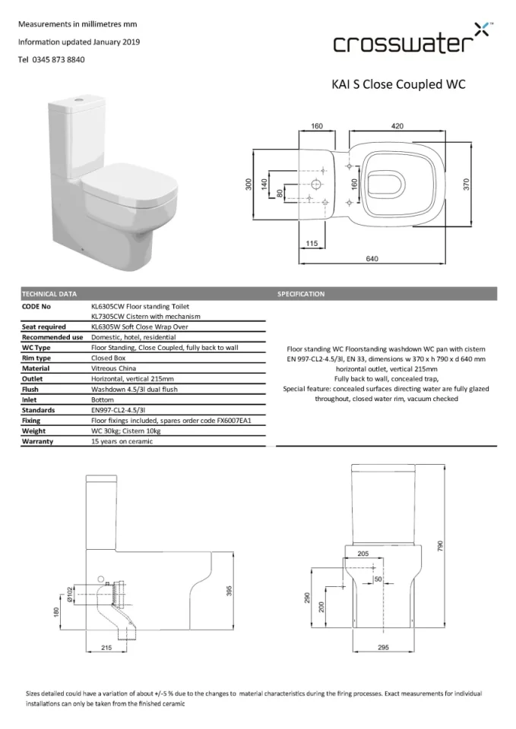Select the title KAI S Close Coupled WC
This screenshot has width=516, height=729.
click(398, 84)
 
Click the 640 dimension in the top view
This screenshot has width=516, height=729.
click(372, 259)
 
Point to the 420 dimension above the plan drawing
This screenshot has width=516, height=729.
click(397, 126)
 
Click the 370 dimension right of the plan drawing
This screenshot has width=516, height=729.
click(467, 185)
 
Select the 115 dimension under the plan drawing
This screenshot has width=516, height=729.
click(311, 243)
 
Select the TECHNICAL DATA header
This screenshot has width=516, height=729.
click(49, 293)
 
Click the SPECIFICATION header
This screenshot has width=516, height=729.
click(301, 293)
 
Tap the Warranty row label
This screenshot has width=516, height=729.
click(38, 441)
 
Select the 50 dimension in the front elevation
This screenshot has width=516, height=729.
click(378, 579)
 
